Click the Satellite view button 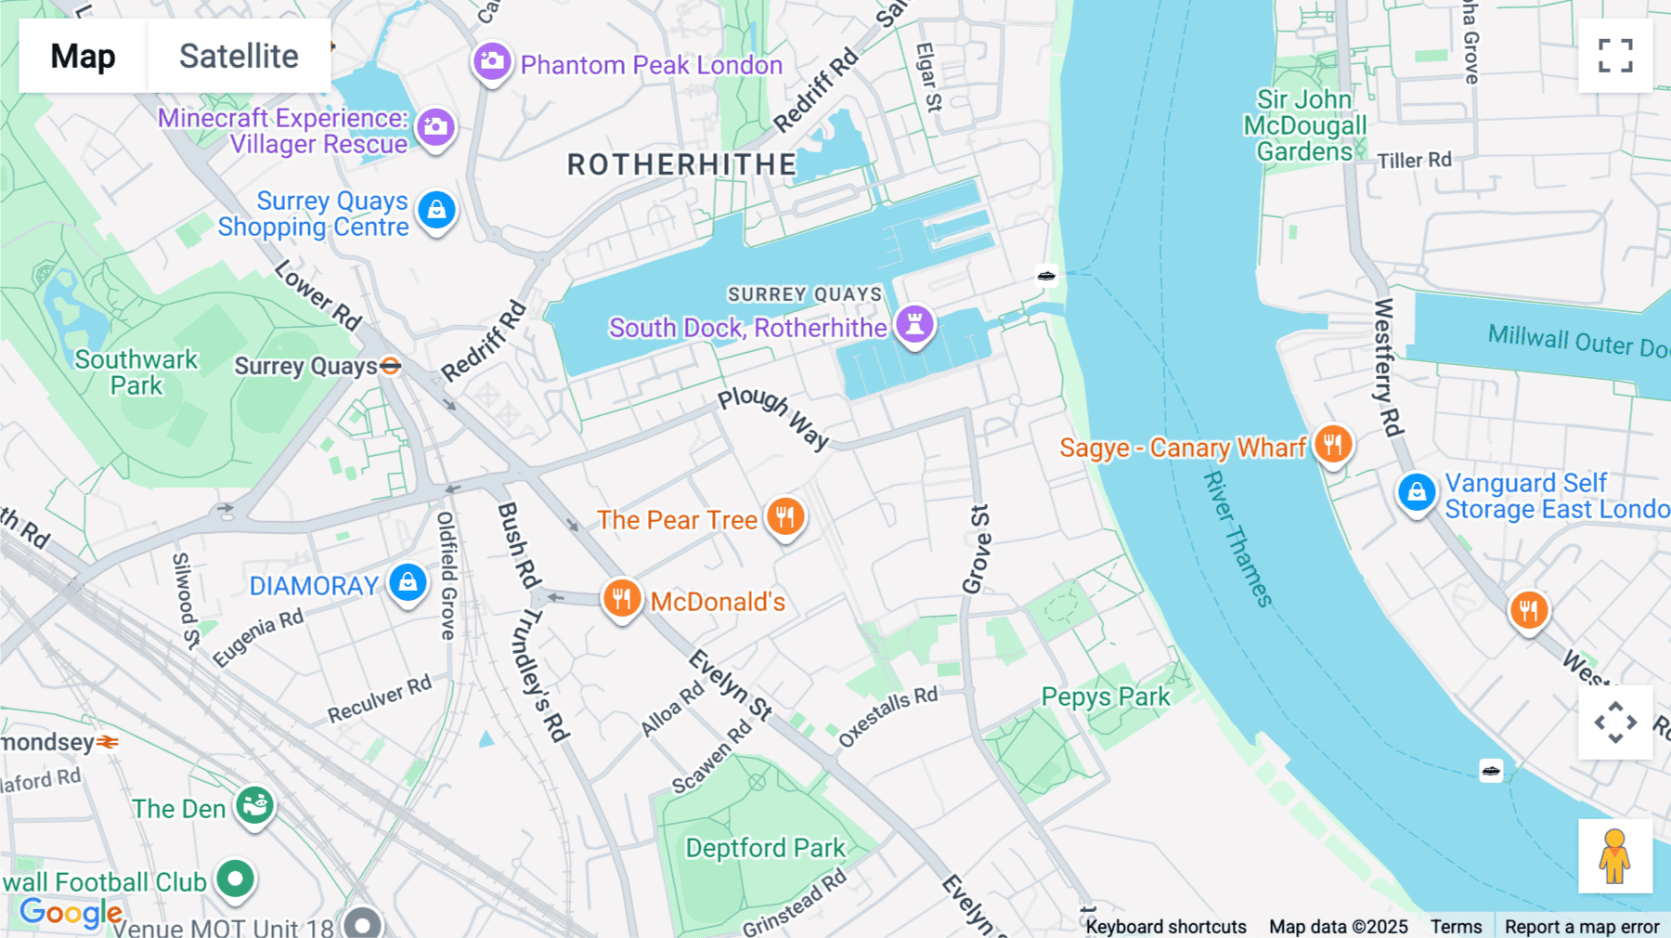coord(239,56)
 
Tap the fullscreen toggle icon coord(1615,56)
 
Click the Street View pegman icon coord(1614,856)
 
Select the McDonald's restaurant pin coord(622,599)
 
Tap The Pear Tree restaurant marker coord(785,516)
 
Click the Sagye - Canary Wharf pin coord(1333,445)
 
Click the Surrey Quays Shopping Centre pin coord(436,211)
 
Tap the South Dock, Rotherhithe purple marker coord(914,325)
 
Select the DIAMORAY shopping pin coord(408,583)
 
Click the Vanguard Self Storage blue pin coord(1417,493)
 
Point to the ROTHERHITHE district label coord(682,165)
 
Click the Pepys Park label coord(1105,697)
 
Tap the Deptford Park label coord(765,848)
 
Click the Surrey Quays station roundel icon coord(391,366)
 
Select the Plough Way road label coord(773,416)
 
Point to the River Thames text coord(1237,540)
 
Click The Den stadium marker coord(254,805)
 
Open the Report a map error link coord(1581,926)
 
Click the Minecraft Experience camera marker coord(435,127)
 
